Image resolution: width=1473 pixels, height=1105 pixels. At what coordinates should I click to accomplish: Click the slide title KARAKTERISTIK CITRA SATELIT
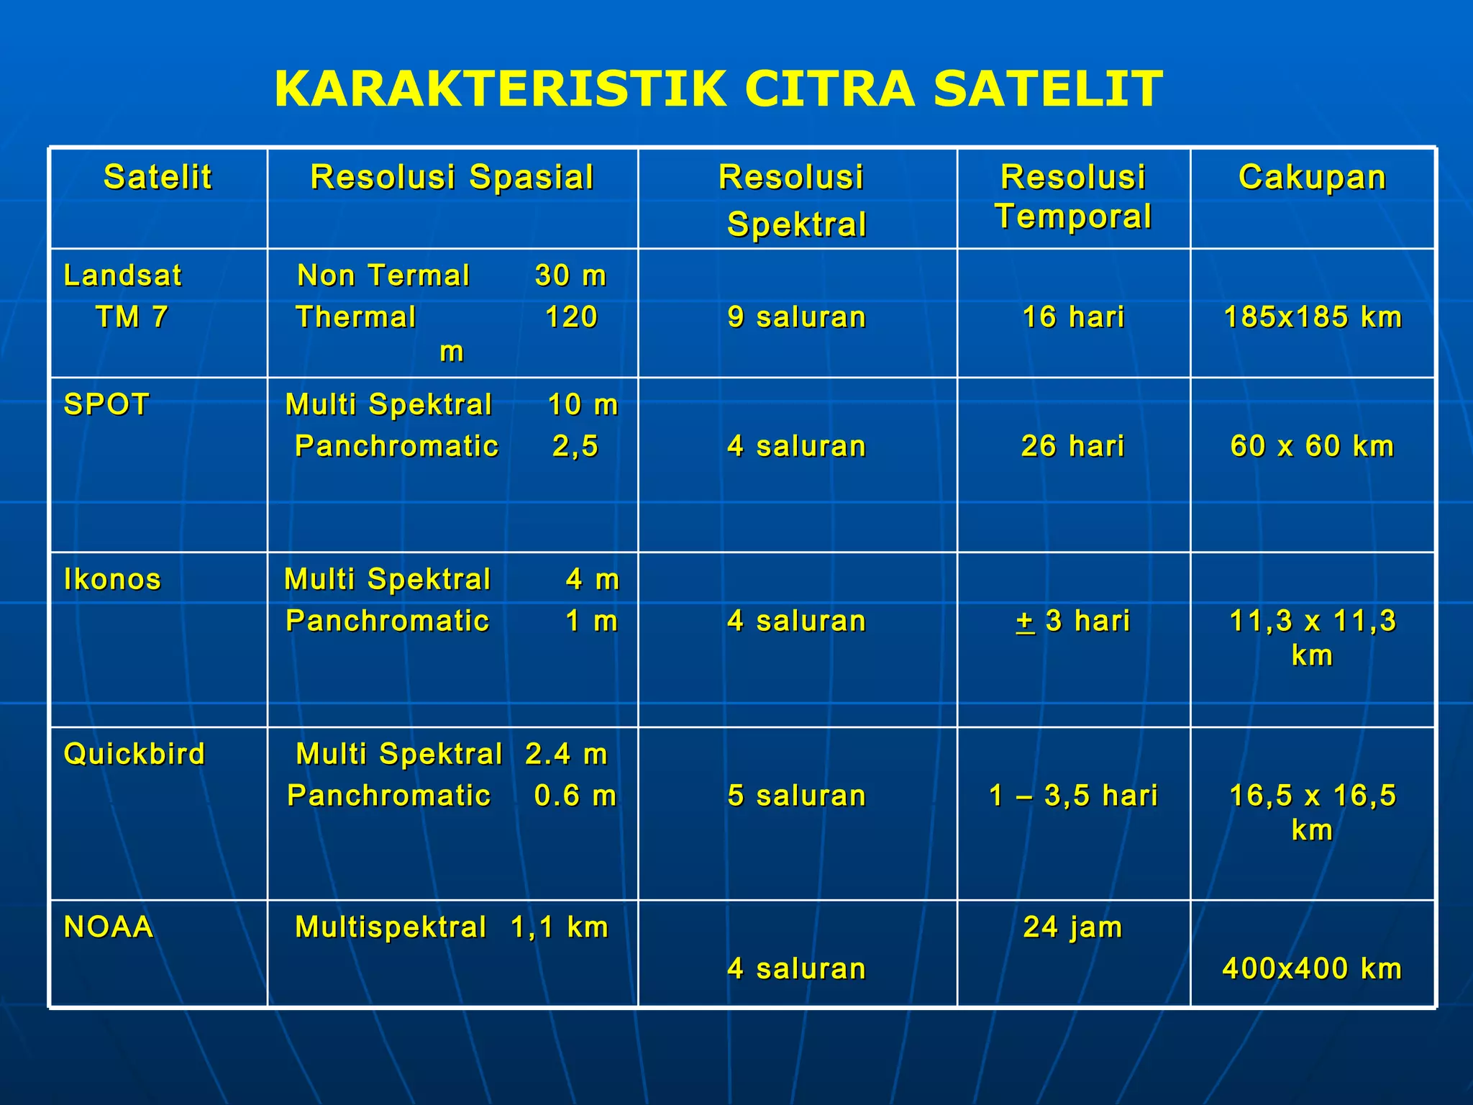[718, 89]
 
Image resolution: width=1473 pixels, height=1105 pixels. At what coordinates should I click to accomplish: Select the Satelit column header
[158, 177]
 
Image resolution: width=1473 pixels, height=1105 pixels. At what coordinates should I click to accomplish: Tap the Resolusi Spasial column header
[452, 177]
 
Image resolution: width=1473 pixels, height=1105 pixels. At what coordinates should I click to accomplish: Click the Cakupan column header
[1312, 177]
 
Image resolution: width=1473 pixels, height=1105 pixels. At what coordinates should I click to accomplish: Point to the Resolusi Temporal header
[1073, 196]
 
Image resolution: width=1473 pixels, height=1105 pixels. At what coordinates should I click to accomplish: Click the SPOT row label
[106, 404]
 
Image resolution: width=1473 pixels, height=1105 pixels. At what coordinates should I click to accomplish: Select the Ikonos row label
[112, 579]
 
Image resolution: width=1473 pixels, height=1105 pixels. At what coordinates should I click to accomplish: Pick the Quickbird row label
[134, 754]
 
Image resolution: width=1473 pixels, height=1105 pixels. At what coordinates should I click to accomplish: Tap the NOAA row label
[109, 927]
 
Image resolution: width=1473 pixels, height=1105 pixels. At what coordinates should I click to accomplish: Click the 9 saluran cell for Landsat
[796, 317]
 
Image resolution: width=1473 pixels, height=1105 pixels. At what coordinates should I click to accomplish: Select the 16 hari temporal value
[1073, 317]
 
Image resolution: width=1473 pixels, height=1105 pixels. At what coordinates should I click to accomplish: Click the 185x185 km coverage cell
[1313, 317]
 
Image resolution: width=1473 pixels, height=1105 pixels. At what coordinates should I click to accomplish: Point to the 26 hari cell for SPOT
[1072, 446]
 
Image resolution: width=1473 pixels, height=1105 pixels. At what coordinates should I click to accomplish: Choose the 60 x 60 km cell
[1312, 446]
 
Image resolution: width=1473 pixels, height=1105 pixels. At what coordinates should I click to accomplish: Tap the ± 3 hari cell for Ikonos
[1072, 621]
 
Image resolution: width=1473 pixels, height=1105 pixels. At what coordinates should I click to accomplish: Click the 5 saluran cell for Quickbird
[796, 796]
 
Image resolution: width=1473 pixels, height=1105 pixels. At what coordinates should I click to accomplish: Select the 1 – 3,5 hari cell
[1073, 796]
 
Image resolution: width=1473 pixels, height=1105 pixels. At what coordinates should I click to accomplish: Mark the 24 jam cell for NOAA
[1072, 927]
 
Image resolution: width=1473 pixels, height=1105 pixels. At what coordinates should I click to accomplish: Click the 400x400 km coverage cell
[1312, 969]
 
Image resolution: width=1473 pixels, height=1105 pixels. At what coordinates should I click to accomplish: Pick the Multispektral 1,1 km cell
[452, 927]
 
